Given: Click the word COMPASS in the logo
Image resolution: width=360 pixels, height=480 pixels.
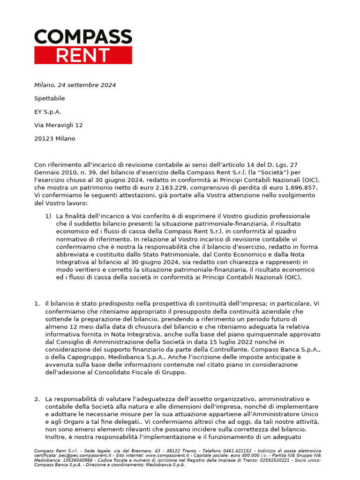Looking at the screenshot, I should [83, 37].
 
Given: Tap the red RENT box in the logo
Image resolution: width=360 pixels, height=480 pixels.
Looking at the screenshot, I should [83, 55].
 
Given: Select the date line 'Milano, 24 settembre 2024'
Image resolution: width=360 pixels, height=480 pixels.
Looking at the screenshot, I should [75, 85].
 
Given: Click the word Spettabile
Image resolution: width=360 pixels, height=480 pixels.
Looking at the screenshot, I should [50, 98].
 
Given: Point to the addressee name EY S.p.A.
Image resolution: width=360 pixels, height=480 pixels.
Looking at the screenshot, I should [48, 112].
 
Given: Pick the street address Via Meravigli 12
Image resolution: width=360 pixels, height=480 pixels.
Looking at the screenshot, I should [59, 125].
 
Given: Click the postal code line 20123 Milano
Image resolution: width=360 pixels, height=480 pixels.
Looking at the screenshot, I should [54, 139].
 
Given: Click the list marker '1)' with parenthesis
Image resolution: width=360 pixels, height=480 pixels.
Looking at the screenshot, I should [48, 216].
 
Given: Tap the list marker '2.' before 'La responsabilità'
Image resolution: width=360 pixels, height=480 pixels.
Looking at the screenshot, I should [37, 399].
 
